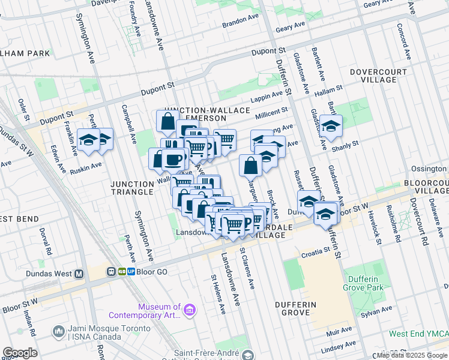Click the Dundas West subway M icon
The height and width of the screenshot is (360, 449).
pyautogui.click(x=79, y=272)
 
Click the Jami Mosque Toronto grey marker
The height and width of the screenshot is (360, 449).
pyautogui.click(x=59, y=331)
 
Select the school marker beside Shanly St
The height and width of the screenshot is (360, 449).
pyautogui.click(x=330, y=127)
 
